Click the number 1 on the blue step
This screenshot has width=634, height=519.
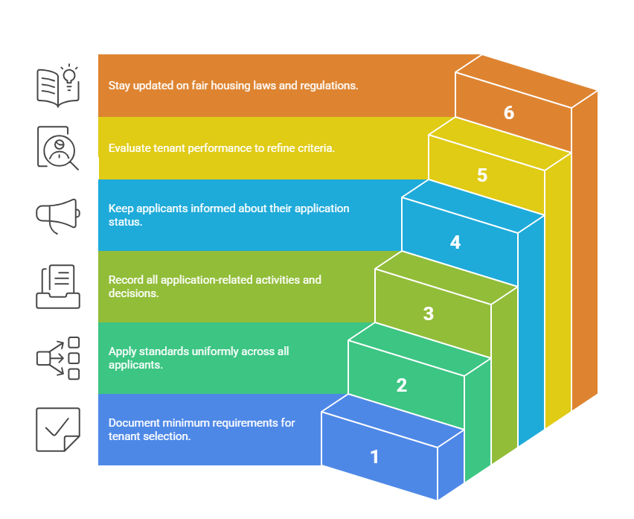click(375, 456)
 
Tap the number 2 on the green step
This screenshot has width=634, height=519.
click(402, 385)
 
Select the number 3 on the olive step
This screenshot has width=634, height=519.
click(429, 313)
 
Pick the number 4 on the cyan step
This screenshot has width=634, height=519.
click(455, 242)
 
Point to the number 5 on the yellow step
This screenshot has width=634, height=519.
click(482, 176)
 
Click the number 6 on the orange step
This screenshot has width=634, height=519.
click(509, 112)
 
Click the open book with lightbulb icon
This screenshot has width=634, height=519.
click(58, 84)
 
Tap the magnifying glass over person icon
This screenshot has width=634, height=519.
click(58, 147)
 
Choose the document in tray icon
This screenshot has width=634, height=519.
click(58, 287)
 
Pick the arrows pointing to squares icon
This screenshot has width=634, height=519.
click(58, 358)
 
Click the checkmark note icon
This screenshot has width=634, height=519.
click(58, 429)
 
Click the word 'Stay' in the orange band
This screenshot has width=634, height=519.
click(119, 86)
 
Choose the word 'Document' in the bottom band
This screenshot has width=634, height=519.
click(133, 423)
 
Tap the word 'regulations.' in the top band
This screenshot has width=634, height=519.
click(329, 86)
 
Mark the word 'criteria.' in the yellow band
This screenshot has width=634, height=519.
click(313, 148)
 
